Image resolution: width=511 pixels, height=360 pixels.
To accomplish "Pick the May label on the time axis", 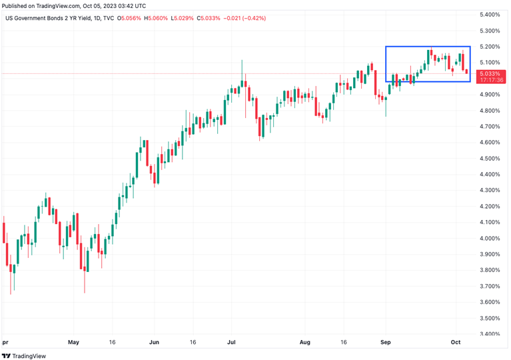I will click(73, 343).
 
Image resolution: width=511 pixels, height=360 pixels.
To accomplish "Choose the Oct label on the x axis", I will click(456, 343).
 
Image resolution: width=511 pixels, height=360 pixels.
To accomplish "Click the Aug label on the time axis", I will click(305, 343).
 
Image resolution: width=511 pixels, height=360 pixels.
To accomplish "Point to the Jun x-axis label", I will click(153, 343).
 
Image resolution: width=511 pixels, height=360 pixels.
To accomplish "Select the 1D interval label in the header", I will click(101, 18).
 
